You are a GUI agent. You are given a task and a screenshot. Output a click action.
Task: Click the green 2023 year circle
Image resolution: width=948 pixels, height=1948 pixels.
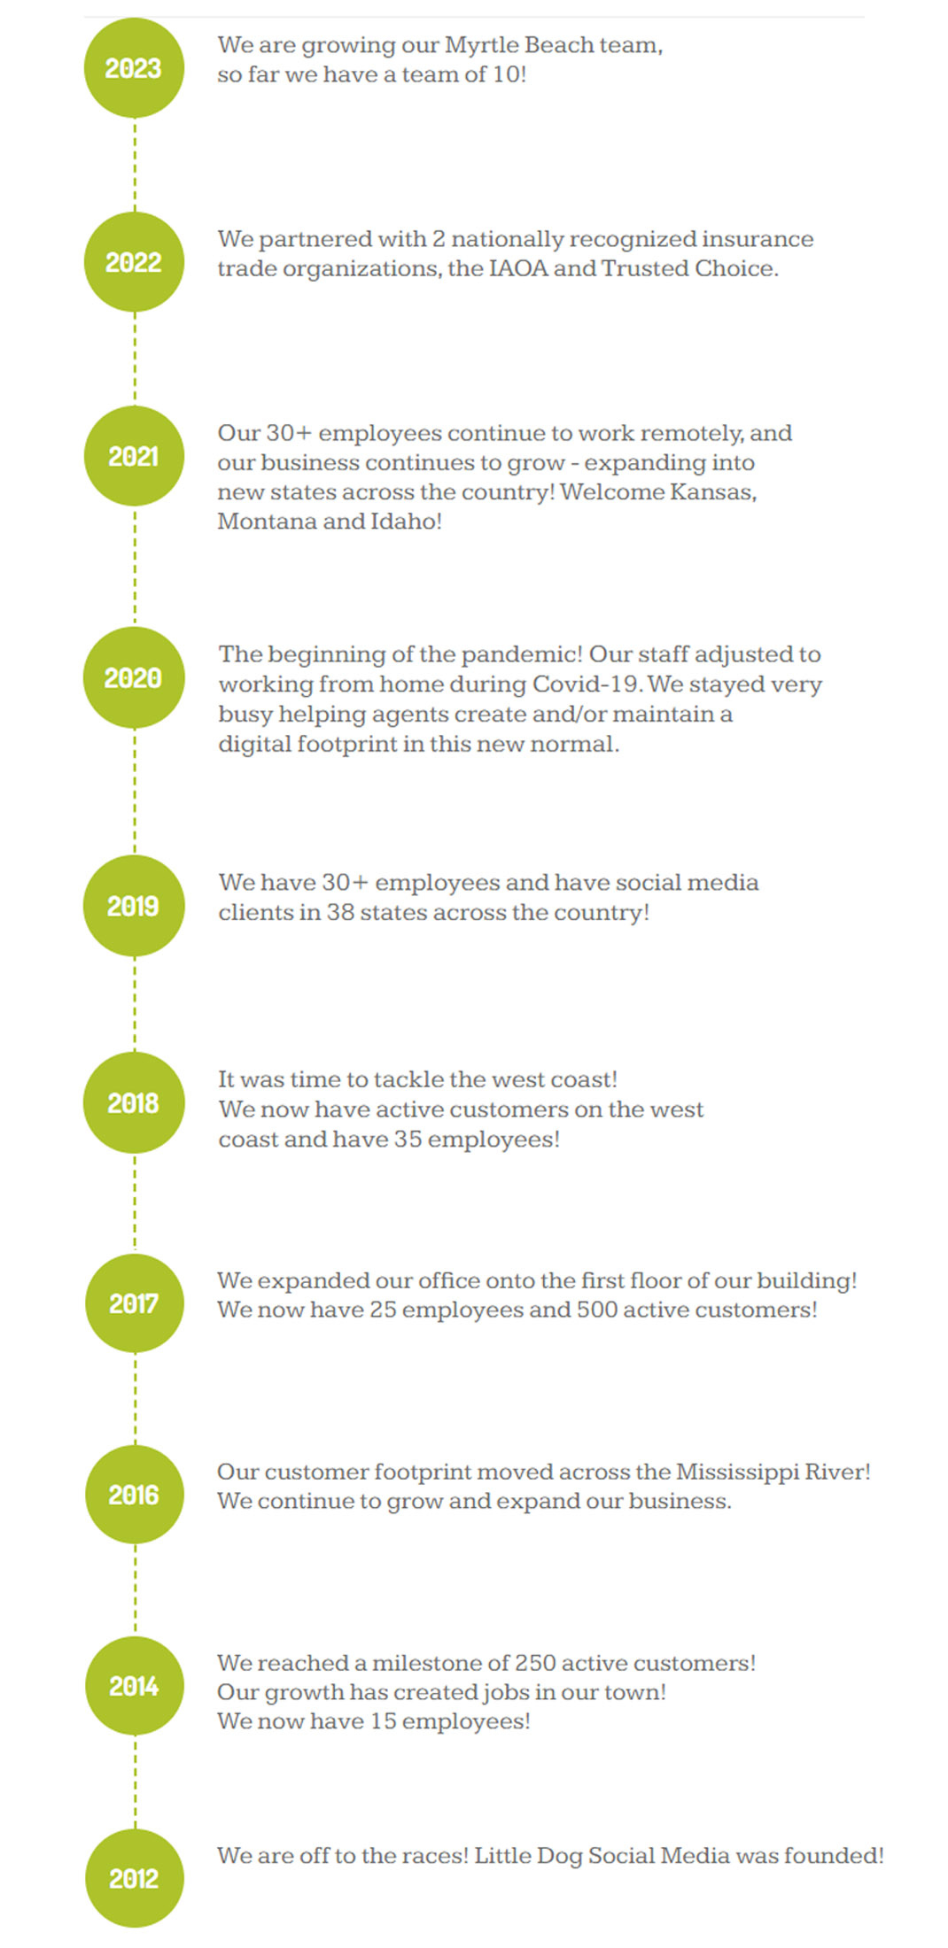[134, 68]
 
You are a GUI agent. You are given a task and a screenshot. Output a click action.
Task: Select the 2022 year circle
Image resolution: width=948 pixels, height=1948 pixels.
[134, 262]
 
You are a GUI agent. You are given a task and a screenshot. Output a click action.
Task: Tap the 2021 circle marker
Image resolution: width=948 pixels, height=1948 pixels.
[134, 456]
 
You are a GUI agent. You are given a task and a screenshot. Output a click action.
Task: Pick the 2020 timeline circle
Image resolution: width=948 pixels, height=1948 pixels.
[134, 677]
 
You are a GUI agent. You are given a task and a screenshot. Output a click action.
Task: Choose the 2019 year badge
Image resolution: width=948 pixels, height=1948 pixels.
[134, 906]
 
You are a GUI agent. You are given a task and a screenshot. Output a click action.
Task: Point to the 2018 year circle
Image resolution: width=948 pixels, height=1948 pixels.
[134, 1103]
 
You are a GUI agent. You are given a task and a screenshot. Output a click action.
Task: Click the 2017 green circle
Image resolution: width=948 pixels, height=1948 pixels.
[135, 1303]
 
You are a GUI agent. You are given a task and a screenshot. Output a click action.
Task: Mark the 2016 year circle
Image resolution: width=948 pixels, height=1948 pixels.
[135, 1495]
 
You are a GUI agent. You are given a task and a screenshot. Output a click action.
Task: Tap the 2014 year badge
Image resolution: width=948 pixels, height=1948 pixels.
[135, 1686]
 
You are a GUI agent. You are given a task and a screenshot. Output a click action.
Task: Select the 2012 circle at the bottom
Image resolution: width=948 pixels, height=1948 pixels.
[135, 1878]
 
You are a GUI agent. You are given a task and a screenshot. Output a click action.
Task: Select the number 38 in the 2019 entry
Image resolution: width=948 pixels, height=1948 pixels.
[340, 912]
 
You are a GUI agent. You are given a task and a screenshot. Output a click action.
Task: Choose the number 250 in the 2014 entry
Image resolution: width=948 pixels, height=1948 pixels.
[534, 1663]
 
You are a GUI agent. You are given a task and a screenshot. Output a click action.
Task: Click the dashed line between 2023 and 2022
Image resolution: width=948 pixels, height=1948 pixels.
[135, 166]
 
